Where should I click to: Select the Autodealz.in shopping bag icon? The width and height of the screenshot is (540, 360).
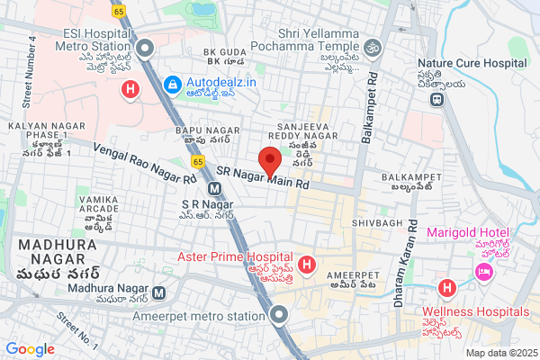point(171,84)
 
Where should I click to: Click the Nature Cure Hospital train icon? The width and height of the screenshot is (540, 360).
point(436,98)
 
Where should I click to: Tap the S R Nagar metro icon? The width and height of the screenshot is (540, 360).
point(214,189)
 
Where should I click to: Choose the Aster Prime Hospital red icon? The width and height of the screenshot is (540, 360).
point(307,265)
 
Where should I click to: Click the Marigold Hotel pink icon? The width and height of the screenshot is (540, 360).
point(483,271)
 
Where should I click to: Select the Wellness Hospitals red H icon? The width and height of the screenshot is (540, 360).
point(445,289)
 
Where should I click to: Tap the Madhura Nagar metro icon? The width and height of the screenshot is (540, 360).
point(158,292)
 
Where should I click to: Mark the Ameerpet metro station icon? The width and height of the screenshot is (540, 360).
point(279,315)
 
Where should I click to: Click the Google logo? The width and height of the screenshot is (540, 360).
point(31,348)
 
